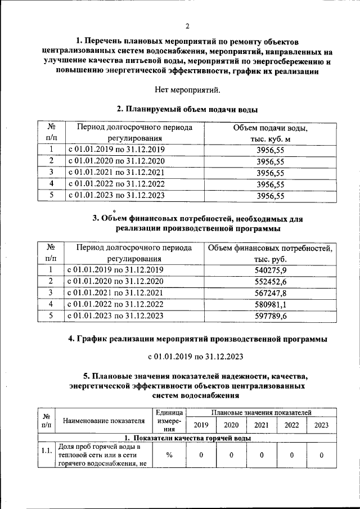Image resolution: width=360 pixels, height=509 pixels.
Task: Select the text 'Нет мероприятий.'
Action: point(188,89)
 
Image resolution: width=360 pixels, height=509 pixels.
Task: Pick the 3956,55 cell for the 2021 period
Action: point(270,173)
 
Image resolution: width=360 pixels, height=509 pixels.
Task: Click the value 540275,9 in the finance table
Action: point(271,270)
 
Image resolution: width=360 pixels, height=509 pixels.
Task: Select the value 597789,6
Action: point(271,316)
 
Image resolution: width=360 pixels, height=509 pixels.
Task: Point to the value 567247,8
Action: point(271,293)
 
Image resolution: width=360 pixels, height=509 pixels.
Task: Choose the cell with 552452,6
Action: point(271,281)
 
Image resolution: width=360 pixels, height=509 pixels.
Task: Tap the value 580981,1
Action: point(271,304)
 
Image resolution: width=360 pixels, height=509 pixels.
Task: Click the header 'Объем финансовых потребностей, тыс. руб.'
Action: point(271,254)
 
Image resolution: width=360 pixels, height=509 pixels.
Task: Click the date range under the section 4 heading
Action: point(188,357)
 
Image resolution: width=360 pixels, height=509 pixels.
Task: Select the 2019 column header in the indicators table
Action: point(201,425)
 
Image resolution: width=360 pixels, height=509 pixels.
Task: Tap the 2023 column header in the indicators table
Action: point(321,425)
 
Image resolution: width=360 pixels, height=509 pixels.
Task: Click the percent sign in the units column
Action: point(169,456)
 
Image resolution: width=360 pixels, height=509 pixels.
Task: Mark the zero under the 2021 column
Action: point(262,456)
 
